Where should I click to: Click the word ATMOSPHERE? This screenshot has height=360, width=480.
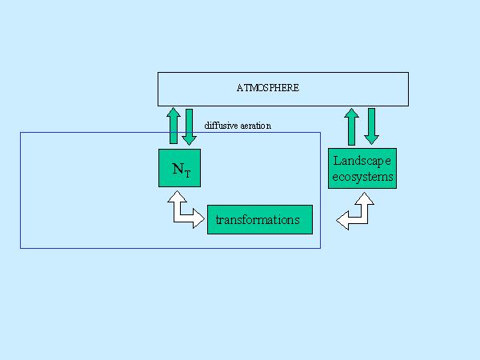pyautogui.click(x=268, y=87)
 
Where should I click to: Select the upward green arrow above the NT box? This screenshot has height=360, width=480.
pyautogui.click(x=173, y=126)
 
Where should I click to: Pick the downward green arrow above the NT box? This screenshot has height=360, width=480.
pyautogui.click(x=189, y=126)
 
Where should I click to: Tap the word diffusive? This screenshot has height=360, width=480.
pyautogui.click(x=222, y=126)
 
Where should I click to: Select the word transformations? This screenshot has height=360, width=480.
pyautogui.click(x=260, y=219)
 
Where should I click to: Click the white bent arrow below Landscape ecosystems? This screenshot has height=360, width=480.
pyautogui.click(x=358, y=212)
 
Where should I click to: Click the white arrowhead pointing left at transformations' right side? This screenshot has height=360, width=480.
pyautogui.click(x=343, y=220)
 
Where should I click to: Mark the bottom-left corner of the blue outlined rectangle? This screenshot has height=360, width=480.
pyautogui.click(x=20, y=248)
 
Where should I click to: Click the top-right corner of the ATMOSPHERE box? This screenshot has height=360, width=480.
pyautogui.click(x=408, y=73)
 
